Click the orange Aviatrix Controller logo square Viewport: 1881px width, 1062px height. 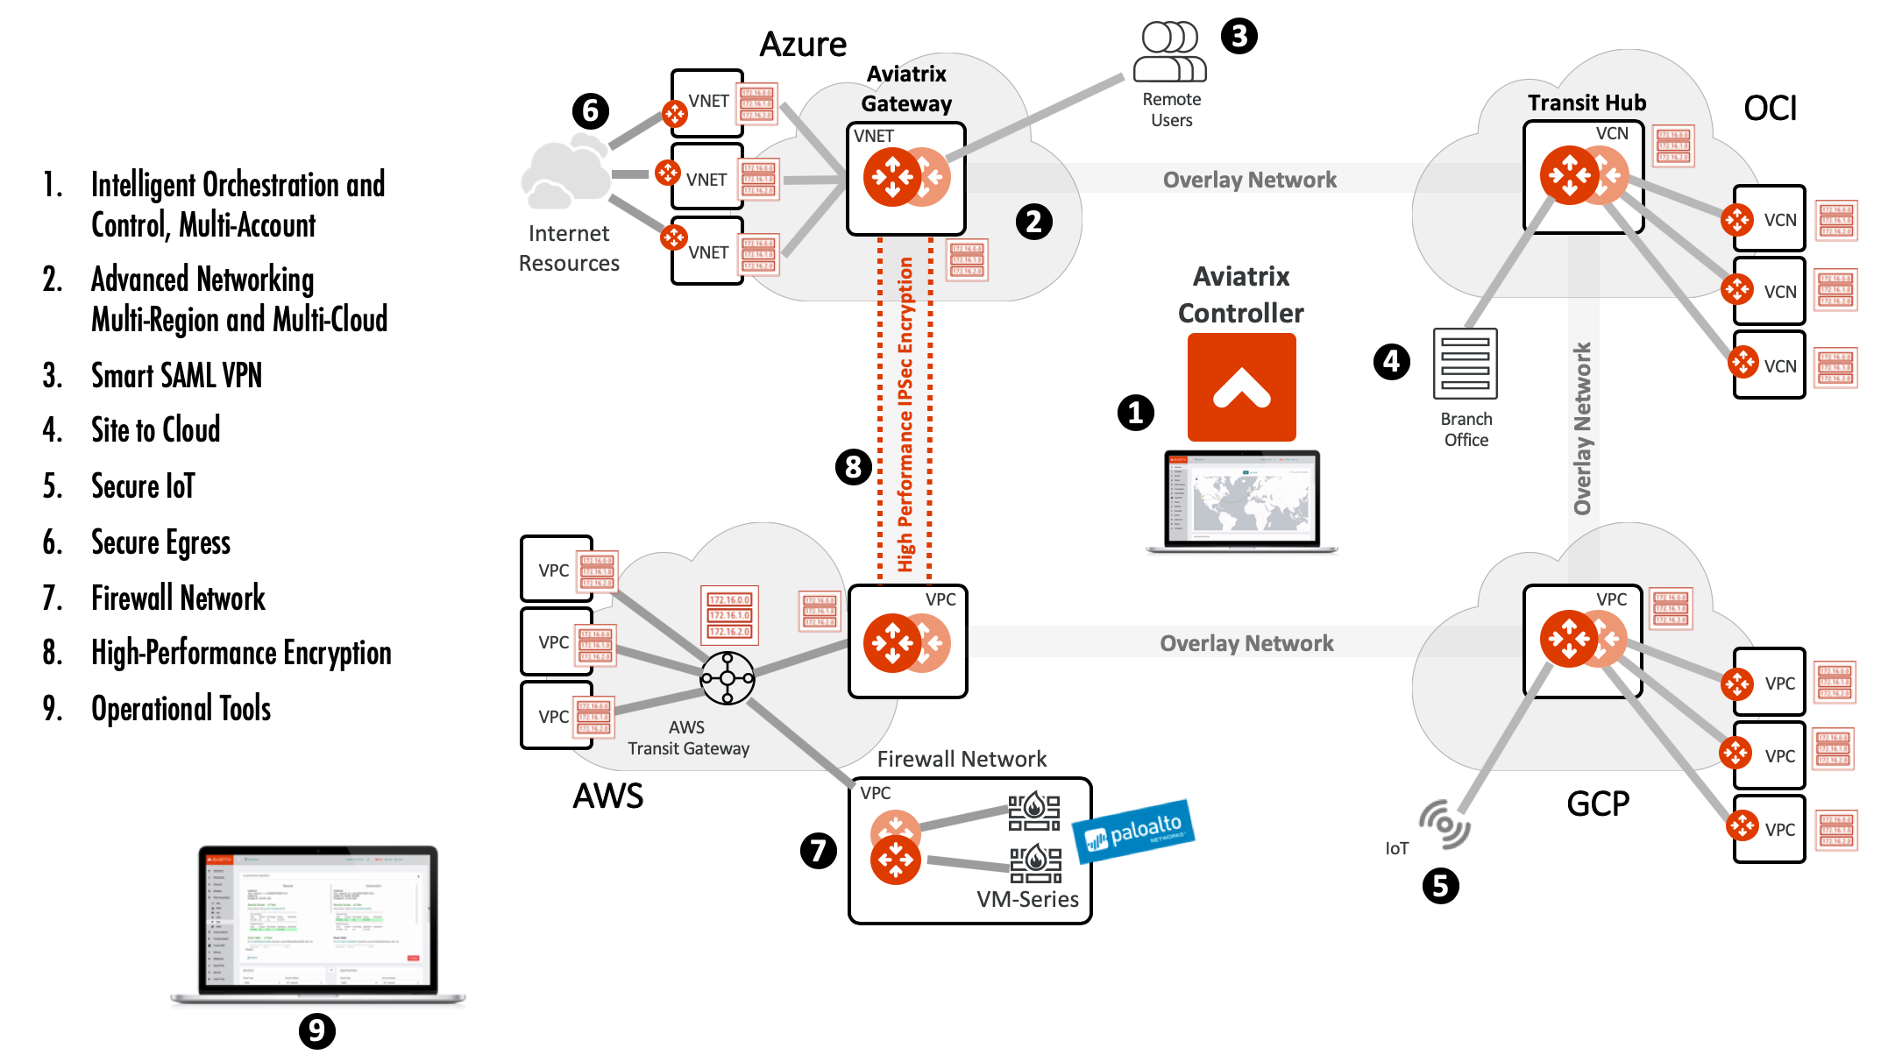coord(1241,386)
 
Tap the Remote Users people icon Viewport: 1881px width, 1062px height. coord(1170,52)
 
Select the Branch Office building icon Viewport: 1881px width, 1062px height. coord(1465,364)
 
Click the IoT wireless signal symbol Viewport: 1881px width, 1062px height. coord(1444,824)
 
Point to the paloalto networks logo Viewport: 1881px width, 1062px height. coord(1134,830)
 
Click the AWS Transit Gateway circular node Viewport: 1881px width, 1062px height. coord(727,677)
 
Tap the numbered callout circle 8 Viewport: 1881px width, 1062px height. coord(853,467)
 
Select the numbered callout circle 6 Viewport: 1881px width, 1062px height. coord(590,111)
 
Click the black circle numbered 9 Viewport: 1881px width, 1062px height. coord(316,1030)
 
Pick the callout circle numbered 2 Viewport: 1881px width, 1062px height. coord(1033,222)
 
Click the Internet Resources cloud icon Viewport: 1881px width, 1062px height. coord(564,174)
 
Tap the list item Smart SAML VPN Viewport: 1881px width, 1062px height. coord(176,375)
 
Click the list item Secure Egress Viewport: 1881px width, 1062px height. coord(160,542)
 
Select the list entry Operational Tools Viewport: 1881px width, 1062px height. coord(181,708)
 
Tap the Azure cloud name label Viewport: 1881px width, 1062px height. coord(802,45)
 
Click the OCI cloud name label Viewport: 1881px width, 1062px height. coord(1770,109)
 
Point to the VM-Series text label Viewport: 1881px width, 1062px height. coord(1027,899)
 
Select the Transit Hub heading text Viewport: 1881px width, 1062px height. coord(1586,103)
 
